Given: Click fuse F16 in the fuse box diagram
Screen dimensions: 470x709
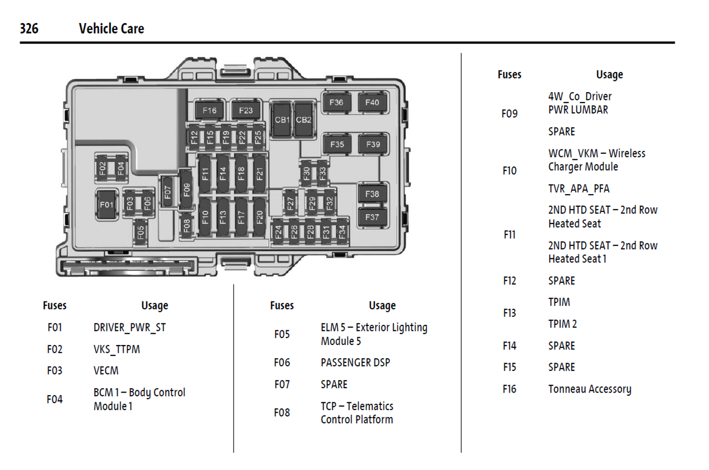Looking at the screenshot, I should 210,111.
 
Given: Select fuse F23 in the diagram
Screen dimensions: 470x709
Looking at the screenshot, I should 246,111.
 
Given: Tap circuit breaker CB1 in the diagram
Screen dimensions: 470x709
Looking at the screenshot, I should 282,120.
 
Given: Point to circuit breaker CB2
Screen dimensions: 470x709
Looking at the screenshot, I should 304,120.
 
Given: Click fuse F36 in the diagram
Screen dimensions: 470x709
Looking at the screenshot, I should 337,102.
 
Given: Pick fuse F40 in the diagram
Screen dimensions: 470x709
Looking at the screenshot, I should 372,102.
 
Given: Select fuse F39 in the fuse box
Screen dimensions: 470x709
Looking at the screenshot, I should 373,145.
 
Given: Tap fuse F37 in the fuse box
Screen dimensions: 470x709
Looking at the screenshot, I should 372,217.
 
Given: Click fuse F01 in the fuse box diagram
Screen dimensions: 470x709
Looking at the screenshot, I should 106,205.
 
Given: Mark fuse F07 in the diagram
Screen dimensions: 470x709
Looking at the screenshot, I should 168,192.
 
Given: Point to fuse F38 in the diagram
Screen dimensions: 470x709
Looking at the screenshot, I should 372,194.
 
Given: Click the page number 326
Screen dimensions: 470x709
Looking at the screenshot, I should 29,28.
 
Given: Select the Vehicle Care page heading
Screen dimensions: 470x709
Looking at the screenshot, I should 111,28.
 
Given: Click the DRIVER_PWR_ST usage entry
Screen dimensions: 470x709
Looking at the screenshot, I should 130,327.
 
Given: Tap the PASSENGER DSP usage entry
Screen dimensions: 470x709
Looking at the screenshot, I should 355,363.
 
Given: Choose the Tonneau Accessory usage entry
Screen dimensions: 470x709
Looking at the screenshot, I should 590,389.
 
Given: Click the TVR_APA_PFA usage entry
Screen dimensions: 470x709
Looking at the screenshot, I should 579,189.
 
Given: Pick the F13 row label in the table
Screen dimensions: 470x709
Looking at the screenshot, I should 509,313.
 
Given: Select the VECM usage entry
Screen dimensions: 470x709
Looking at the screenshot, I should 106,371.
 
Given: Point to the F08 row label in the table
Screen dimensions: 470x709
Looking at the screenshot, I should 282,413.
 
